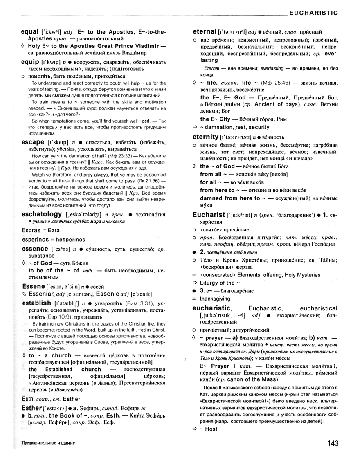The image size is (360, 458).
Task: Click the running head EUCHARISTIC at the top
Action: (313, 13)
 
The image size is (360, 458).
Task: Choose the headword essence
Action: (35, 249)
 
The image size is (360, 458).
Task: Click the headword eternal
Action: (204, 31)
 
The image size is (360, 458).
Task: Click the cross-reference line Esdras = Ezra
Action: (40, 231)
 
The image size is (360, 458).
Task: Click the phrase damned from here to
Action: (230, 198)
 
